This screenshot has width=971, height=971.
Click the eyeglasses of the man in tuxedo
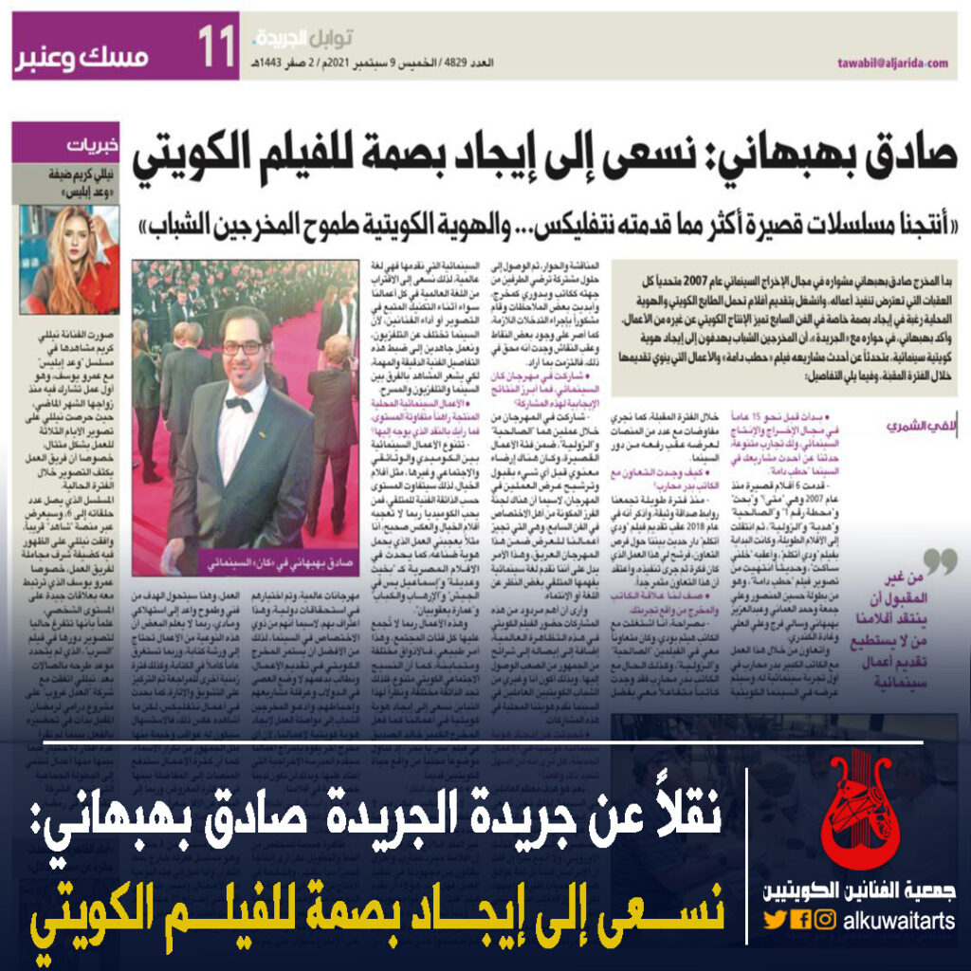(x=242, y=347)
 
